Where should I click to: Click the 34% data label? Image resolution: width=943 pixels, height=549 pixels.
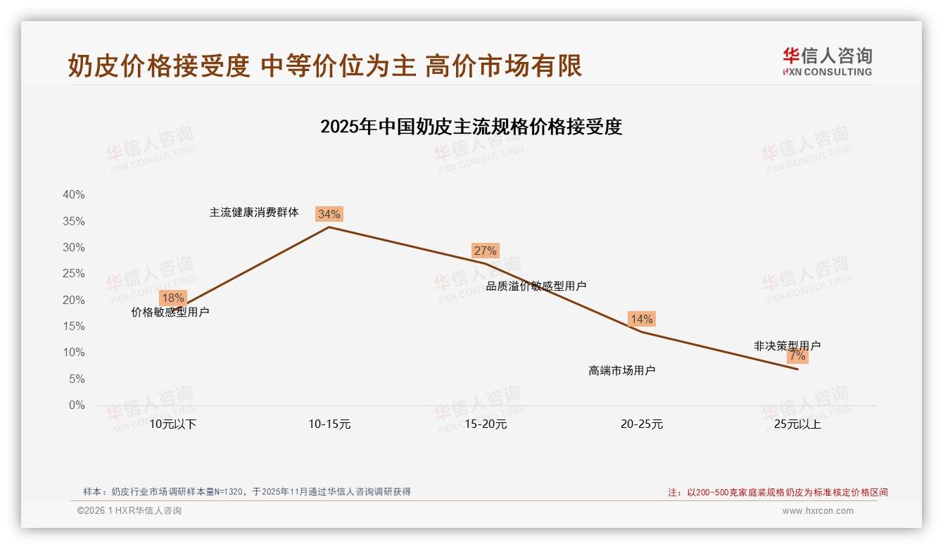329,214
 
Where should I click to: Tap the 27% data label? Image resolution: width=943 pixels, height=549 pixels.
485,251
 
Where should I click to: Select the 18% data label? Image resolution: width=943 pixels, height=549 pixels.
172,298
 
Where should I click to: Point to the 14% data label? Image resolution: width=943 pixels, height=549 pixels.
641,319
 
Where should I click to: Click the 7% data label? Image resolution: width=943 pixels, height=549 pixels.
797,356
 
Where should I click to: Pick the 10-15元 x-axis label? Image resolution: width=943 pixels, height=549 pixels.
329,424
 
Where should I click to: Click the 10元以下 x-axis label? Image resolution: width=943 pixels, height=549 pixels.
172,424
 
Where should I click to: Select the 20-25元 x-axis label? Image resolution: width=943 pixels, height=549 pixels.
641,424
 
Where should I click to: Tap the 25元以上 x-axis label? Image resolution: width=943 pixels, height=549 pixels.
797,424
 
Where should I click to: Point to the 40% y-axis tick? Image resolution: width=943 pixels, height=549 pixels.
74,195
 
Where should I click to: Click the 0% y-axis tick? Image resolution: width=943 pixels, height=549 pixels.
76,405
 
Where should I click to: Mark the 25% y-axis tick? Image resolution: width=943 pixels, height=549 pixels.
74,274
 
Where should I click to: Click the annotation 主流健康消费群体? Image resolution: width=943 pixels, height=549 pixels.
253,212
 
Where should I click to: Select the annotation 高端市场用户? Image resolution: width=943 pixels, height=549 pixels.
621,370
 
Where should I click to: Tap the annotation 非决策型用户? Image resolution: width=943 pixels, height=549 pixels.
787,346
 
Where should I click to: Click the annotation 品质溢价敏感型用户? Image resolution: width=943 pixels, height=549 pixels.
536,286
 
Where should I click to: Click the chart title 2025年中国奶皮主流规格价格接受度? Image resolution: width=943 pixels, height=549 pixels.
471,127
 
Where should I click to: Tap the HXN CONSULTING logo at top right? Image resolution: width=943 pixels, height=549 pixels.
827,62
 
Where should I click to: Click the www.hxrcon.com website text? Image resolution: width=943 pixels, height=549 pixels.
818,511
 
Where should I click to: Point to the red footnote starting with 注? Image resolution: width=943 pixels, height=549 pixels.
778,493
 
